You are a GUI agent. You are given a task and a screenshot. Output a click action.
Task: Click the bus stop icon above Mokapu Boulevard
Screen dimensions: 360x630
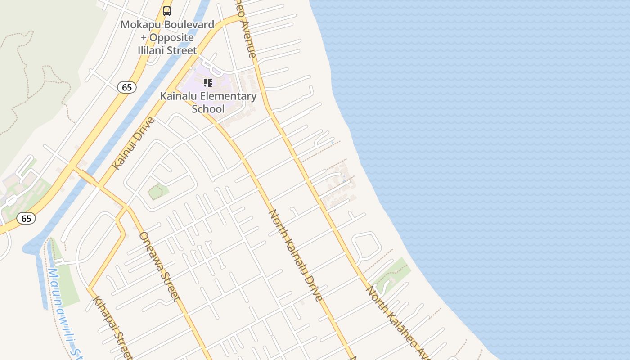[167, 11]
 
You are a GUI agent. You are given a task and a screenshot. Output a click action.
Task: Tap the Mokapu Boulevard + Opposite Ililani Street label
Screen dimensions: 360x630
[167, 37]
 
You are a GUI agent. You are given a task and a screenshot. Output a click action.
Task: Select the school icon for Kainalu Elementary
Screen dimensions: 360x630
[207, 83]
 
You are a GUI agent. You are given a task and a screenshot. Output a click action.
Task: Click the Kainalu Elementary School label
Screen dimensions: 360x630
[208, 102]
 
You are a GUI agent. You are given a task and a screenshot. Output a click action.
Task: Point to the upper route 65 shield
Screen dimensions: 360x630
[127, 87]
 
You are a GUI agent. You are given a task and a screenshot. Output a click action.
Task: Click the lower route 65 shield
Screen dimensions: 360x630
[26, 219]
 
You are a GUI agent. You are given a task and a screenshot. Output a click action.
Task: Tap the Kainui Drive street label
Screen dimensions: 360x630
[133, 143]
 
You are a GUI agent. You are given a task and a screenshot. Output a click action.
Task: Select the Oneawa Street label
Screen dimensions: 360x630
[160, 266]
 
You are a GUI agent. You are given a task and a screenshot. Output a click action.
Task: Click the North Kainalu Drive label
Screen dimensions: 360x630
[296, 255]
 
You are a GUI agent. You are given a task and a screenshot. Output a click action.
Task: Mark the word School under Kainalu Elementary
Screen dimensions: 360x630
[208, 109]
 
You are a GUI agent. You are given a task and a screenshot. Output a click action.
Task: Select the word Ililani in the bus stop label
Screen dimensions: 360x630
[153, 50]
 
